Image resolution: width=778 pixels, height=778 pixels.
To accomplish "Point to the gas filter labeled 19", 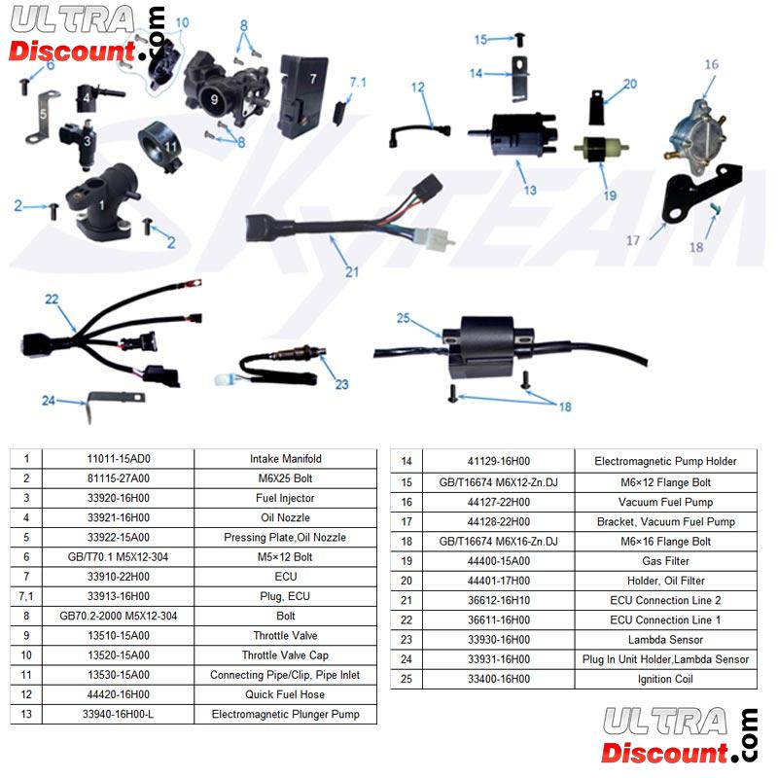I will coord(595,152).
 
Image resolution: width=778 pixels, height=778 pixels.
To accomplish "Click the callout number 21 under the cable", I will coord(351,271).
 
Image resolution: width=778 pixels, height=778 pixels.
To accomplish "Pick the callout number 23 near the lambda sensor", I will coord(340,384).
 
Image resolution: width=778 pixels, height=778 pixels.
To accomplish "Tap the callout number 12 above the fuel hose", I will coord(418,88).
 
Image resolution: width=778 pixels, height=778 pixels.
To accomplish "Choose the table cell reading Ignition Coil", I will coord(665,679).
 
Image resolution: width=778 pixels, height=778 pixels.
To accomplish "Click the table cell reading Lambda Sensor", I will coord(665,640).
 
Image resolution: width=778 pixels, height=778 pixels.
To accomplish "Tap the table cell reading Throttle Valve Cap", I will coord(285,655).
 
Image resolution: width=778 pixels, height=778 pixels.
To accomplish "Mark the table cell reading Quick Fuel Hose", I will coord(285,694).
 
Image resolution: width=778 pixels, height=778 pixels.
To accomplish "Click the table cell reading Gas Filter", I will coord(665,561).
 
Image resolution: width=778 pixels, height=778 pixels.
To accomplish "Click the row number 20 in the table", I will coord(407,581).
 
